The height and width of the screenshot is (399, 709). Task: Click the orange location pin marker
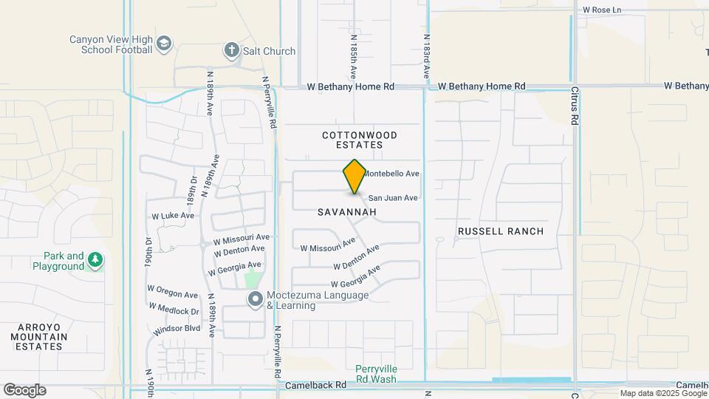click(354, 176)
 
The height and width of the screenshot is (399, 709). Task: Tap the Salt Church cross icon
click(231, 51)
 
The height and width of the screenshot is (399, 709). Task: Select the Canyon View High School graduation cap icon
click(163, 44)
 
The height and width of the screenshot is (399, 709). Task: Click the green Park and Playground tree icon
click(95, 260)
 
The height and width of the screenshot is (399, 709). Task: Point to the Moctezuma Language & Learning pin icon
click(256, 299)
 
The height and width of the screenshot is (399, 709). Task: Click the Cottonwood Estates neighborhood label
click(360, 140)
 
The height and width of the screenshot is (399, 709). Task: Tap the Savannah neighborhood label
click(347, 212)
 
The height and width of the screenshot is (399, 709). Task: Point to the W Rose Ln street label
click(602, 10)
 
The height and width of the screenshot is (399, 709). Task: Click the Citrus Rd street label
click(575, 107)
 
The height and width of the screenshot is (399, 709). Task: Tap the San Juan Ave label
click(393, 198)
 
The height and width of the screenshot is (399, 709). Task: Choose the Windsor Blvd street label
click(177, 328)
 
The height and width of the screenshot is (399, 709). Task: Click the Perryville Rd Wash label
click(376, 374)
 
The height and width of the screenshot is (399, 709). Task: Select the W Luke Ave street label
click(173, 216)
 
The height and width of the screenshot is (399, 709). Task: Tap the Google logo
click(24, 390)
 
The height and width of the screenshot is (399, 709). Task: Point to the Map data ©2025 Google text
click(662, 394)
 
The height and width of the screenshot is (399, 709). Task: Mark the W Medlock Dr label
click(174, 309)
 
